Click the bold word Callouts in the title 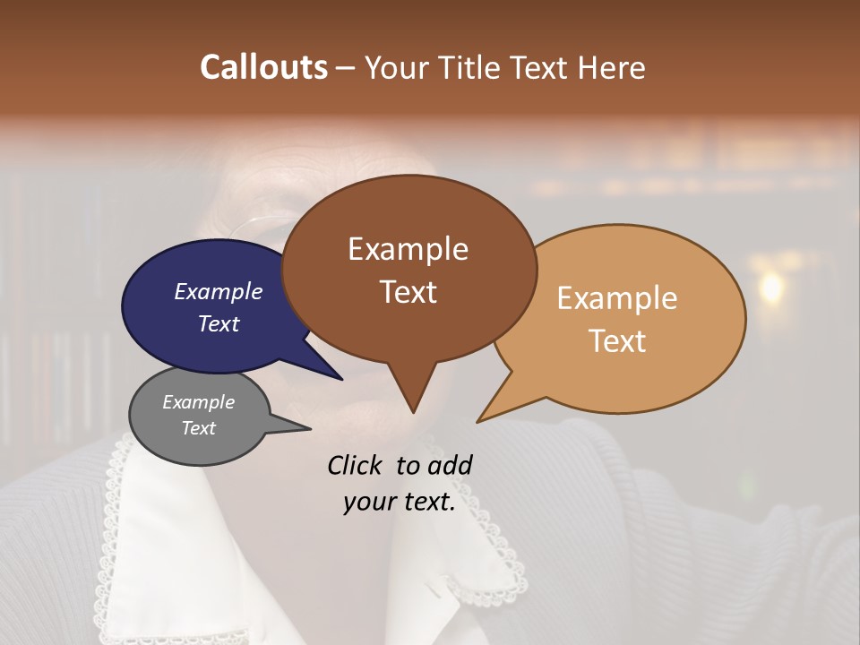click(x=263, y=67)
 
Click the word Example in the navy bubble click(x=219, y=291)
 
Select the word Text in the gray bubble click(x=199, y=428)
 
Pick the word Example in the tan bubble click(x=617, y=298)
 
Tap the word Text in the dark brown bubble click(x=408, y=291)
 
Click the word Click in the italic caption click(x=357, y=465)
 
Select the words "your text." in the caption click(x=400, y=502)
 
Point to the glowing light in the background click(x=770, y=287)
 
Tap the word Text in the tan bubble click(x=617, y=341)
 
